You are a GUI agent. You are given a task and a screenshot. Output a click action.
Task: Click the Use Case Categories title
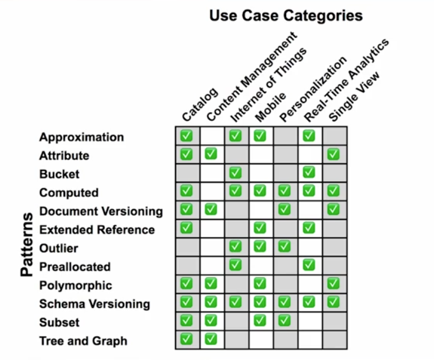pos(286,15)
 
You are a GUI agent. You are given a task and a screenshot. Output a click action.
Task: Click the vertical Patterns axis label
pos(27,245)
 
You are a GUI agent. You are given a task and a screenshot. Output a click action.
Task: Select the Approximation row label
pos(82,137)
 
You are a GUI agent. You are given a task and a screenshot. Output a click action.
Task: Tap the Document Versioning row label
pos(101,211)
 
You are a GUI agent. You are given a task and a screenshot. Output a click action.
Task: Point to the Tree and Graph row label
pos(83,341)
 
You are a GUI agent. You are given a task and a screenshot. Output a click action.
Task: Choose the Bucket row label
pos(59,174)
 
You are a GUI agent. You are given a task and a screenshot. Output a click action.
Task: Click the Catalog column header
pos(200,104)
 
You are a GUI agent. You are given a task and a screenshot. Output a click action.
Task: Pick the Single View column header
pos(354,96)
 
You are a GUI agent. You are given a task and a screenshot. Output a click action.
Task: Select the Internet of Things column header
pos(268,85)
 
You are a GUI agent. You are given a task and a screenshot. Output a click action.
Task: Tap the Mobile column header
pos(271,107)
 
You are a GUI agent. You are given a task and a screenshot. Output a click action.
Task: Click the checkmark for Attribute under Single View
pos(333,155)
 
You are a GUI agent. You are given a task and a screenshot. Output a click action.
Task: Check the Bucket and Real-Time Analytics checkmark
pos(309,172)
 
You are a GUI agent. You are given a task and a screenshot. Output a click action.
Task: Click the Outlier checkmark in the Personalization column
pos(284,247)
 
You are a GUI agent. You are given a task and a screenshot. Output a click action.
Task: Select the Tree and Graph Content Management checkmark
pos(211,339)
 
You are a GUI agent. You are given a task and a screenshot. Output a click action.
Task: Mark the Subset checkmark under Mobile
pos(260,321)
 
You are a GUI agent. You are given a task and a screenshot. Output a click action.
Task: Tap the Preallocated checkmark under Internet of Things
pos(235,265)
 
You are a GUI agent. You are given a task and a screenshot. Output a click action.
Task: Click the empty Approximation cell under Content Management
pos(212,136)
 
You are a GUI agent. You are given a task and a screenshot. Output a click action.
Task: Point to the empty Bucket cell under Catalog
pos(188,173)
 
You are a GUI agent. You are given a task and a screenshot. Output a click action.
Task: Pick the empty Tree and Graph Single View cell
pos(335,340)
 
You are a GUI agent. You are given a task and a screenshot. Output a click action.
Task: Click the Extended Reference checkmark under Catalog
pos(186,228)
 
